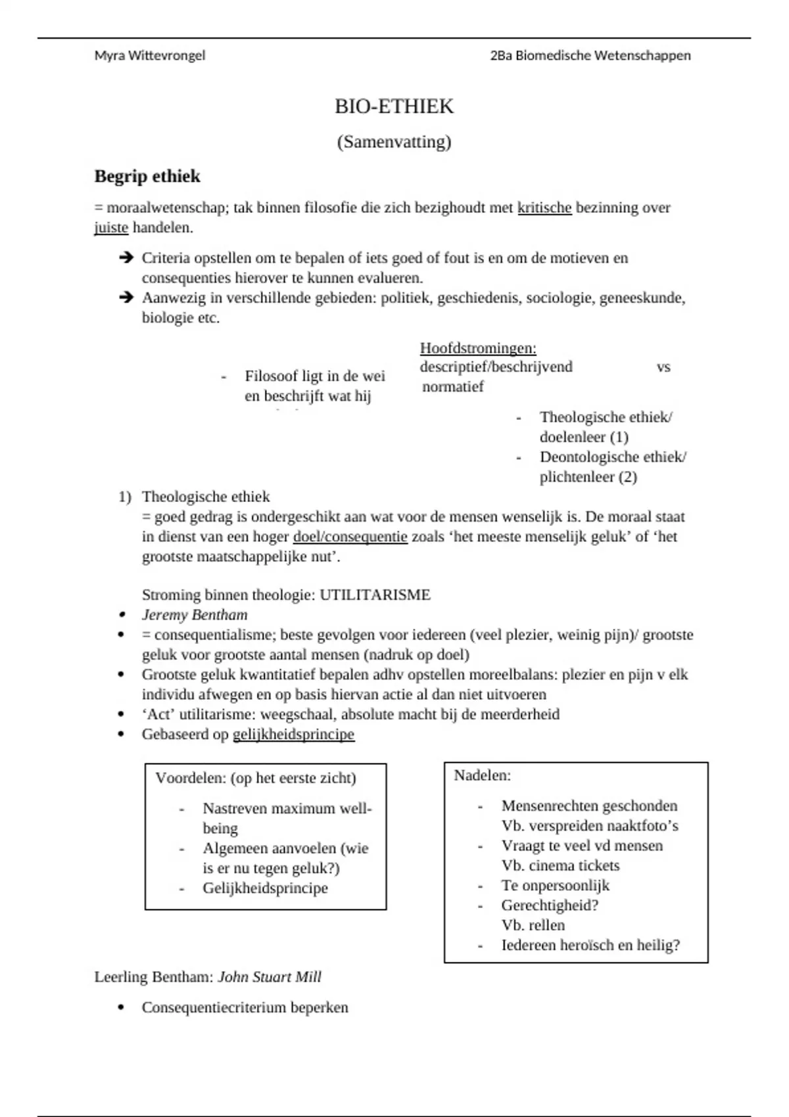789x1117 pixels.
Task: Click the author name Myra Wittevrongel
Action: point(149,56)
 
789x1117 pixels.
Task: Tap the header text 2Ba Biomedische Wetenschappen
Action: point(590,56)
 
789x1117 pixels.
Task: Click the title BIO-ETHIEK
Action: point(394,106)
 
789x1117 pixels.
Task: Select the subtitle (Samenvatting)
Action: point(394,142)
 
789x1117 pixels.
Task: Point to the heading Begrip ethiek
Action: point(147,176)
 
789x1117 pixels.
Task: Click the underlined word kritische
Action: point(544,208)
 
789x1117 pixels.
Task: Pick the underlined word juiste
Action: point(111,228)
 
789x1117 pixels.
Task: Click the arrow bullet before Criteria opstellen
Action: point(126,258)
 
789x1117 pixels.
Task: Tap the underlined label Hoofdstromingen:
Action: point(478,348)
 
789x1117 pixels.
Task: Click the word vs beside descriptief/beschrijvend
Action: point(663,367)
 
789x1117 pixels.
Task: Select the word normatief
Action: point(453,386)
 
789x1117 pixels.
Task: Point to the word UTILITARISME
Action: point(375,595)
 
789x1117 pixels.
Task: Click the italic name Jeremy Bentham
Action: point(195,615)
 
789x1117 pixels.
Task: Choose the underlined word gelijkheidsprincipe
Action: point(293,735)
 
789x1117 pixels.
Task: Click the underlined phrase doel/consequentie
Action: point(350,537)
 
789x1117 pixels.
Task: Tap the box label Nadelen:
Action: point(482,775)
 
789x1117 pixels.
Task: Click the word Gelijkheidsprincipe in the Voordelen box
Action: point(265,888)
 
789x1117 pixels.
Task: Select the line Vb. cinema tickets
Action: point(560,865)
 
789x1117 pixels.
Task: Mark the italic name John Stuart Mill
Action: point(270,977)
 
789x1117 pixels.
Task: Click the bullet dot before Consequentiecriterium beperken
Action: point(120,1008)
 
